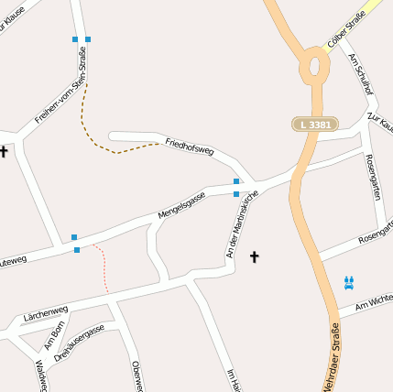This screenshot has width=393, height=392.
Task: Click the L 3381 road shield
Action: pyautogui.click(x=315, y=124)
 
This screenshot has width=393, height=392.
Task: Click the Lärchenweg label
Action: pyautogui.click(x=47, y=312)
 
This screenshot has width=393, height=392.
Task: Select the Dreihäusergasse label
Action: pyautogui.click(x=79, y=341)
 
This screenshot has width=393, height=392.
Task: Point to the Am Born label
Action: pyautogui.click(x=55, y=335)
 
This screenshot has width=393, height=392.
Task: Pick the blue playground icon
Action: pyautogui.click(x=348, y=282)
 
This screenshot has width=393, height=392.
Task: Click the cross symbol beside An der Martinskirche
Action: pyautogui.click(x=255, y=257)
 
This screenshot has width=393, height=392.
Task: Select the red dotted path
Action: pyautogui.click(x=103, y=266)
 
